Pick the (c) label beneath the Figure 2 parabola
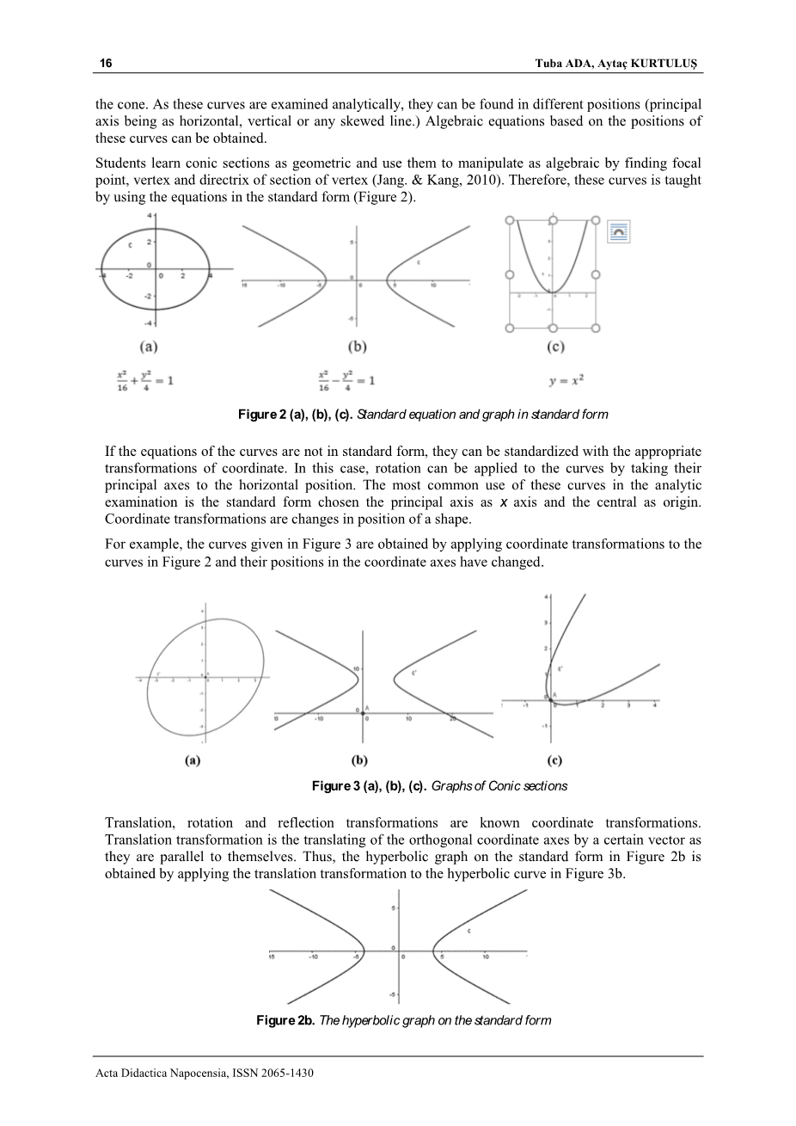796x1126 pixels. coord(555,347)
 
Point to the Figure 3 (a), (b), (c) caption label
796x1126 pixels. coord(369,786)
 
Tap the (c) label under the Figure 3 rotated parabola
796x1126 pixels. coord(555,760)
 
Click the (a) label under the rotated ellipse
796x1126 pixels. coord(193,760)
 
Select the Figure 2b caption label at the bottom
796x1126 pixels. coord(285,1020)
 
